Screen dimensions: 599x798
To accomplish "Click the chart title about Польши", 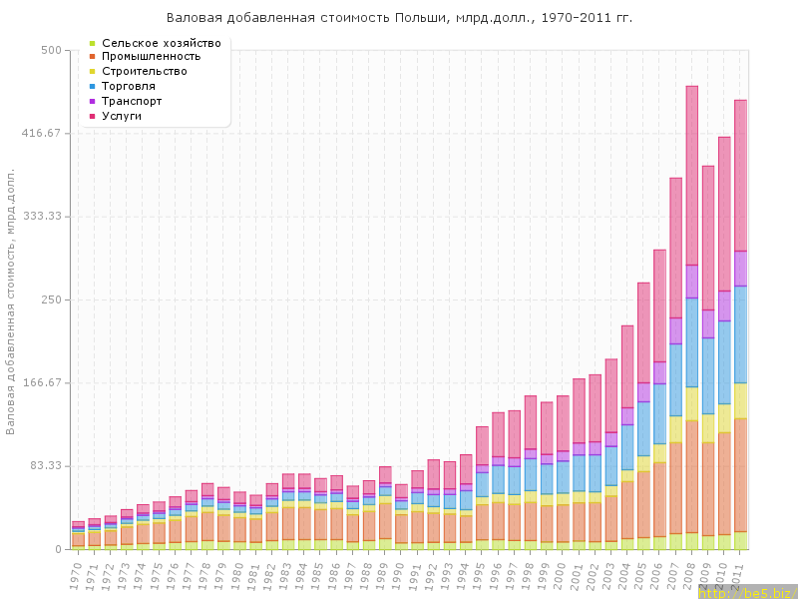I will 399,18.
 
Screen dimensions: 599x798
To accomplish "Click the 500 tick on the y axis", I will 52,50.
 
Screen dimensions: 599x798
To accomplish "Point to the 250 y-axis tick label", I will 52,299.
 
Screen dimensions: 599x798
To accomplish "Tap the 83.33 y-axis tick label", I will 47,466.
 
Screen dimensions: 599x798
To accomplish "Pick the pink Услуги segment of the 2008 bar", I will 692,175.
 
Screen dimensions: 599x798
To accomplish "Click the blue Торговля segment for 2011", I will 740,334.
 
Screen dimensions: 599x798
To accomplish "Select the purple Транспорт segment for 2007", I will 676,330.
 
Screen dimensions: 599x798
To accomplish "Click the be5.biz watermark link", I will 747,592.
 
